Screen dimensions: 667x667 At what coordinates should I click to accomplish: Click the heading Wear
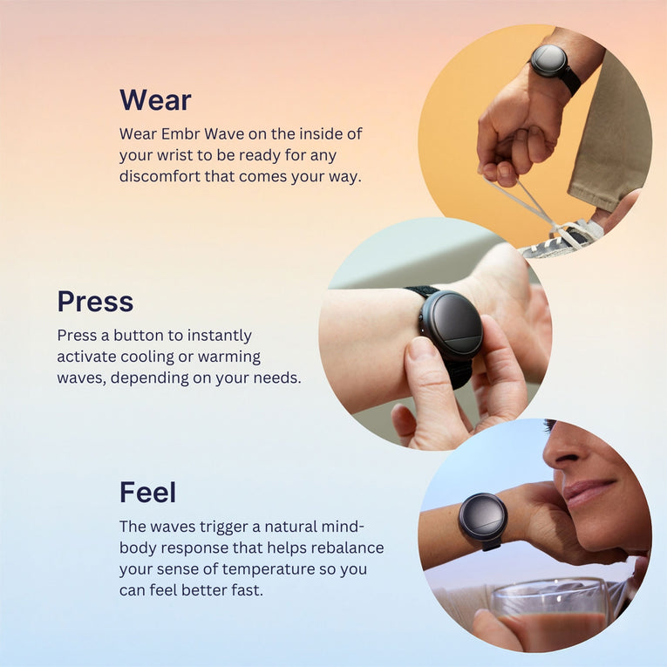[155, 100]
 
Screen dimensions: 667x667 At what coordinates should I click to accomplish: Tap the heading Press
[95, 301]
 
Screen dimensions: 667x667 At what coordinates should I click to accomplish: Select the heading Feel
[147, 492]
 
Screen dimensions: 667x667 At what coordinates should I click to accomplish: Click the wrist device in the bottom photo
[483, 521]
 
